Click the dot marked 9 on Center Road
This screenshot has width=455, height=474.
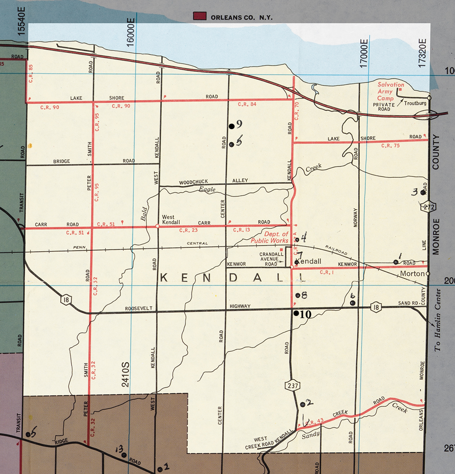pos(231,126)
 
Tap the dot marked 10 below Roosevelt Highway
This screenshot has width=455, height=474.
pos(296,313)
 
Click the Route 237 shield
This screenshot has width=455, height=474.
pos(293,386)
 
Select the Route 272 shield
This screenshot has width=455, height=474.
pos(429,207)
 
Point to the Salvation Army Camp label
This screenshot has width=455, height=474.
pos(390,91)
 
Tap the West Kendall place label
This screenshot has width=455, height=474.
pos(171,220)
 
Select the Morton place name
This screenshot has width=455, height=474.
pos(412,273)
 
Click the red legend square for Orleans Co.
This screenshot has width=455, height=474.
pos(200,16)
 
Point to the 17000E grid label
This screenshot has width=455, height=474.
pos(364,53)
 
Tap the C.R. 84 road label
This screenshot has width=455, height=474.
pos(247,104)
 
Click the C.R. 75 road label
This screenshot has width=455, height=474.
pos(390,146)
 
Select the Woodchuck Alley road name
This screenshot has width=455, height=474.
pos(213,181)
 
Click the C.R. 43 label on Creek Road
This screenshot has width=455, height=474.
pos(315,422)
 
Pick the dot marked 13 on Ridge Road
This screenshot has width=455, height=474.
pos(124,455)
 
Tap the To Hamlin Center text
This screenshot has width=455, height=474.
pos(438,320)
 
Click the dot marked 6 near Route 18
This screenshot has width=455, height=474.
pos(353,303)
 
